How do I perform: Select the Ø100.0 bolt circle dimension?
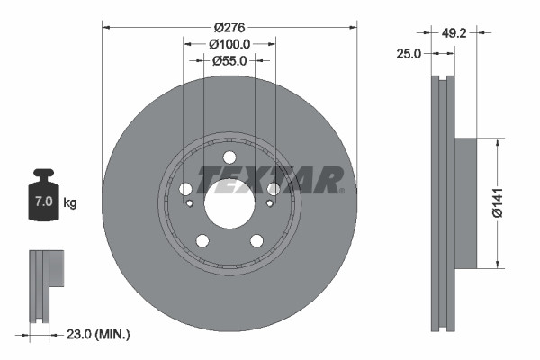click(229, 43)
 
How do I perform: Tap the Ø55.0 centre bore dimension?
click(229, 61)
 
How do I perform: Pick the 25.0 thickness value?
click(409, 55)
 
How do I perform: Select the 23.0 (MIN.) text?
click(99, 334)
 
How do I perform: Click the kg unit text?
click(70, 203)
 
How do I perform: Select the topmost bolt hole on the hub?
click(229, 158)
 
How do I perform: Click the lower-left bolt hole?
click(202, 240)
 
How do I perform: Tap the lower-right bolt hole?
click(256, 240)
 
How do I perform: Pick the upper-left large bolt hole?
click(186, 189)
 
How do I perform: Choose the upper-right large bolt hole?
click(273, 189)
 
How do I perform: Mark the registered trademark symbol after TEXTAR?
click(341, 190)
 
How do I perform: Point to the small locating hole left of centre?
click(191, 203)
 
